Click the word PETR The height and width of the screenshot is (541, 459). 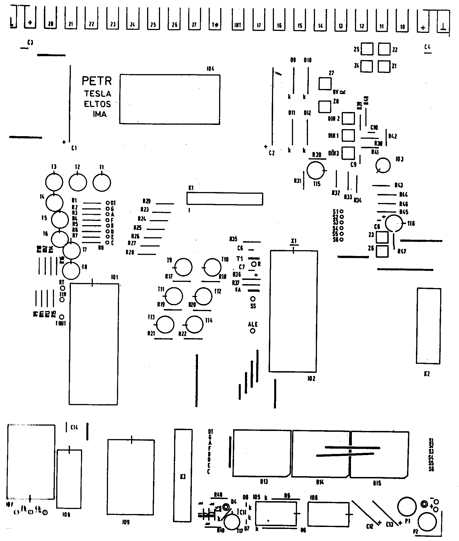tap(97, 81)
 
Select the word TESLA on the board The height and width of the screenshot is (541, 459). tap(98, 93)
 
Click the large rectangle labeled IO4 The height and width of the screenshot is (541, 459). tap(170, 99)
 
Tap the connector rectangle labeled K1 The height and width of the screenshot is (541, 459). tap(224, 199)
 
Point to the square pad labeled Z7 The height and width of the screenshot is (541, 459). tap(325, 84)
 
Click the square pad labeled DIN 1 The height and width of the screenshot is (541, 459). tap(348, 136)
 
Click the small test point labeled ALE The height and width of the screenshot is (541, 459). tap(253, 331)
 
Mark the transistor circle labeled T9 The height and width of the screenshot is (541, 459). tap(184, 267)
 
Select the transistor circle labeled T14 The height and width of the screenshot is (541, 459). tap(195, 324)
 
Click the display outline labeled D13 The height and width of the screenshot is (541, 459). tap(261, 453)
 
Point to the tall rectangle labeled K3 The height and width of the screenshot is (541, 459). tap(183, 475)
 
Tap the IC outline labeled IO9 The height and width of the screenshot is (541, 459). tap(131, 477)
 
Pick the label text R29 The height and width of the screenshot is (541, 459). tap(147, 201)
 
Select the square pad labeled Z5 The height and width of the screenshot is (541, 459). tap(367, 49)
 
